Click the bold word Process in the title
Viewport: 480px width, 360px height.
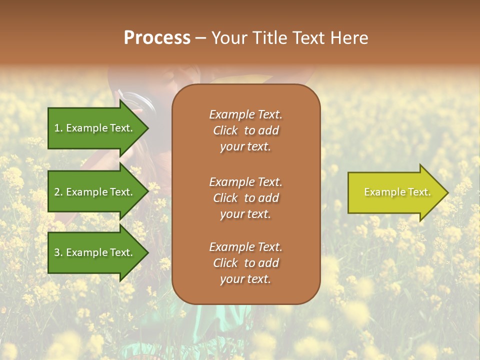point(157,38)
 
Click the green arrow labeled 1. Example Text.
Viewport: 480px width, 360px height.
point(95,128)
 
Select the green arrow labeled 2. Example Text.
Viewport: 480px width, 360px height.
point(95,192)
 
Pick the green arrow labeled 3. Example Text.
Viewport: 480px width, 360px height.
point(95,252)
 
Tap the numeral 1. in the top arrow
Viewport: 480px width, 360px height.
point(58,128)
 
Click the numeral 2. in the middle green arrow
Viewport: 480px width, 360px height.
point(58,192)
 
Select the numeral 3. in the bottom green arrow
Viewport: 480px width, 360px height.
point(58,252)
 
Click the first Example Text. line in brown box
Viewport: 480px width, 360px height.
point(245,114)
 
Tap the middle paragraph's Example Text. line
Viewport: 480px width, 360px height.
point(245,181)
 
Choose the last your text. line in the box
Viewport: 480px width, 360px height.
point(245,279)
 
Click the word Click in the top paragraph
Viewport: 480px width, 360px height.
point(225,130)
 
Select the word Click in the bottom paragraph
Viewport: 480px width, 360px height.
point(225,263)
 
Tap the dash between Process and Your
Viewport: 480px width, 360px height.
point(200,38)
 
